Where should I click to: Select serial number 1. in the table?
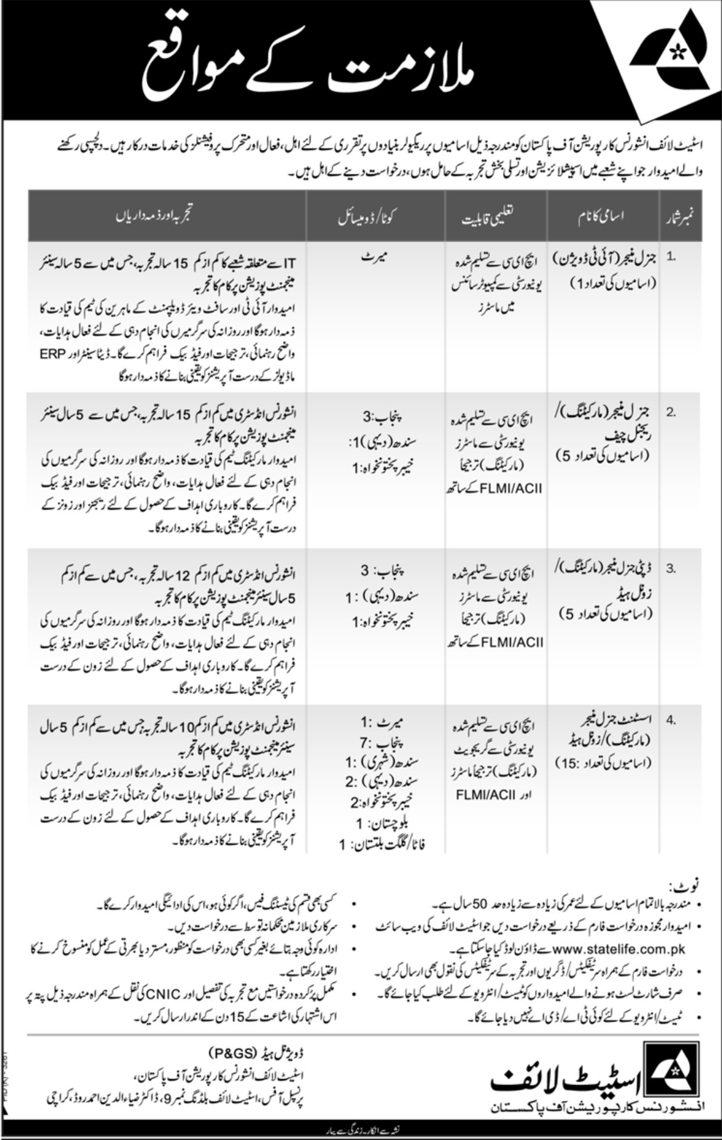[672, 256]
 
